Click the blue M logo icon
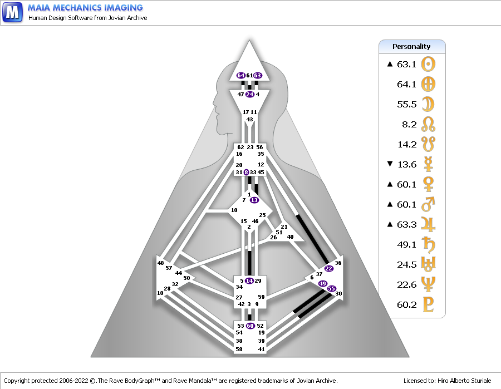(12, 12)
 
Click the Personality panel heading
(411, 47)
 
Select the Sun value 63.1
(406, 64)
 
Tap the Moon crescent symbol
(428, 104)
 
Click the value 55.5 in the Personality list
(407, 105)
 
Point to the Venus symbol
(428, 184)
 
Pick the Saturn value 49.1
(407, 245)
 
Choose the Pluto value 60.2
(407, 304)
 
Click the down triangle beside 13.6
(390, 164)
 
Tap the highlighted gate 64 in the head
(241, 75)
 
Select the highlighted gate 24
(250, 94)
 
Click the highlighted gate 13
(254, 200)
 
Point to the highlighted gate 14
(249, 280)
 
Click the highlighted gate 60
(250, 326)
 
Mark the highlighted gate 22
(329, 268)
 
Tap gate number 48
(160, 263)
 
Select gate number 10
(234, 210)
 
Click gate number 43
(249, 120)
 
